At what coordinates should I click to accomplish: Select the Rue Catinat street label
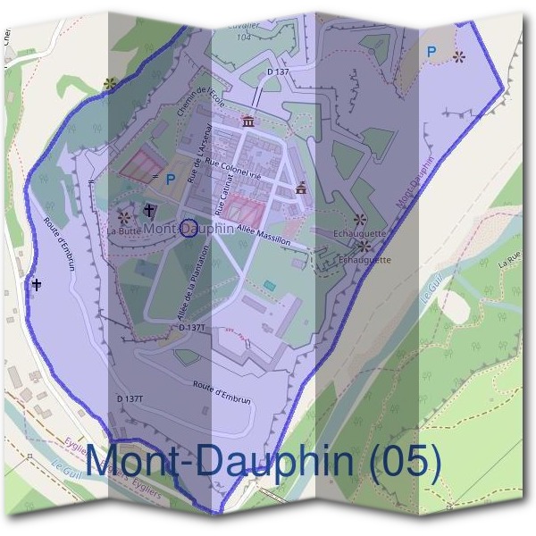222,193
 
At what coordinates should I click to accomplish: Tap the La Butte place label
123,230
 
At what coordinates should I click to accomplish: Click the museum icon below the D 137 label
247,121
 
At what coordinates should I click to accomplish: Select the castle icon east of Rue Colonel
301,188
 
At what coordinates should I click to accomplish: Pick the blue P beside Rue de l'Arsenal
170,179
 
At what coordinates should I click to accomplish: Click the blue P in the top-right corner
431,52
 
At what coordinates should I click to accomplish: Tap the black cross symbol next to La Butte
149,211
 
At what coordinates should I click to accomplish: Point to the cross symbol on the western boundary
37,285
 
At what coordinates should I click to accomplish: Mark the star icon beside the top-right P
458,55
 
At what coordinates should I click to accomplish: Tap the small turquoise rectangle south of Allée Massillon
269,285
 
